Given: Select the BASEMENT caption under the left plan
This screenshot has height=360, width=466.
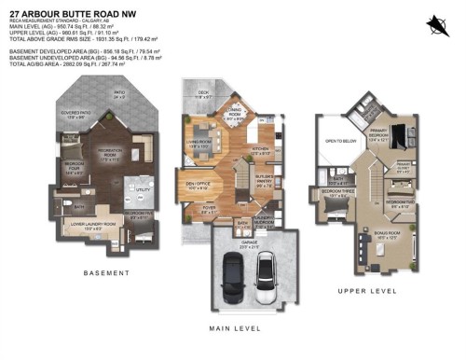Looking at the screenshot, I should click(x=106, y=272).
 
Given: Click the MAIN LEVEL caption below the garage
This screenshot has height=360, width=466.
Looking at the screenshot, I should click(x=246, y=327).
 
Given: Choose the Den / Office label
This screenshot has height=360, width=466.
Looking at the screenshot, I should click(x=197, y=186).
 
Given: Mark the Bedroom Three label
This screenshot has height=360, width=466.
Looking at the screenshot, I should click(x=336, y=193).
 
